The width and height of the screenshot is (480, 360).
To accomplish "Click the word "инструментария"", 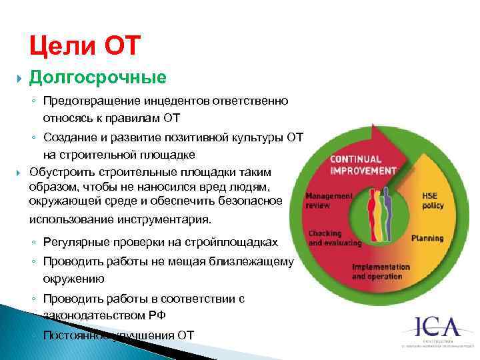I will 171,219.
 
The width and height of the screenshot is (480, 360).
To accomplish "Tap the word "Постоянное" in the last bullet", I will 72,335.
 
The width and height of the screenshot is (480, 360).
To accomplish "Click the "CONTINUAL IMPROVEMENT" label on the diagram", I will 363,165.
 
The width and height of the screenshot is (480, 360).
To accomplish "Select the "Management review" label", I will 329,201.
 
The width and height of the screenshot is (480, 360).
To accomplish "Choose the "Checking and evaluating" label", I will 335,238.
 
